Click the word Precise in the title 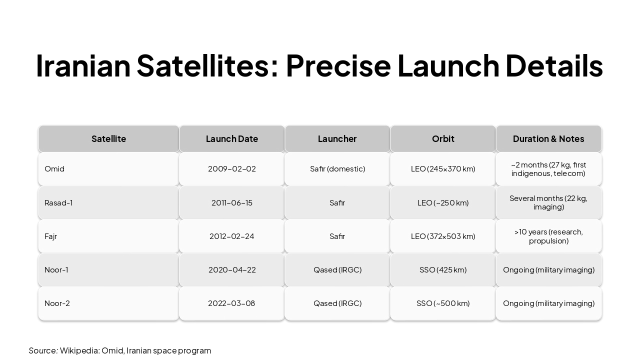(x=338, y=65)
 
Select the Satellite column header (x=108, y=138)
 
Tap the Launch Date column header (x=232, y=138)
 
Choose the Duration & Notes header (x=548, y=138)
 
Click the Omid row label (x=54, y=169)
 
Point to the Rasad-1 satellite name (x=58, y=202)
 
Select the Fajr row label (x=50, y=236)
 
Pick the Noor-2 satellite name (x=57, y=303)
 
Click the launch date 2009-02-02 (x=232, y=169)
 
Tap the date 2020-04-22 (x=232, y=269)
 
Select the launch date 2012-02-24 (x=232, y=236)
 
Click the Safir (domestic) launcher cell (x=337, y=169)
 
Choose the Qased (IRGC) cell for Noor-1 (x=337, y=269)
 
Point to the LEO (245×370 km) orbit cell (x=443, y=169)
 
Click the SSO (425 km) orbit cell (x=443, y=269)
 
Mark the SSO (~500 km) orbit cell (x=443, y=303)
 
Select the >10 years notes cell (x=548, y=236)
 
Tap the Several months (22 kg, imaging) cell (x=548, y=202)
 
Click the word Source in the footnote (x=43, y=350)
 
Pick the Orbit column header (x=443, y=138)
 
